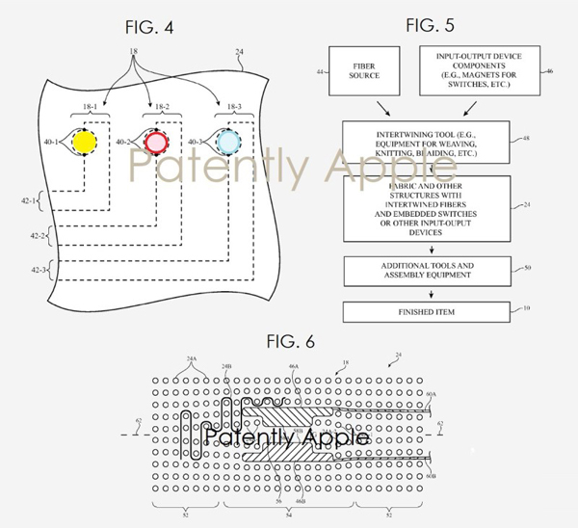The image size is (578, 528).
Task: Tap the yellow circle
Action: [84, 144]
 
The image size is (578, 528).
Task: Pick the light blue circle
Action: [228, 144]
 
